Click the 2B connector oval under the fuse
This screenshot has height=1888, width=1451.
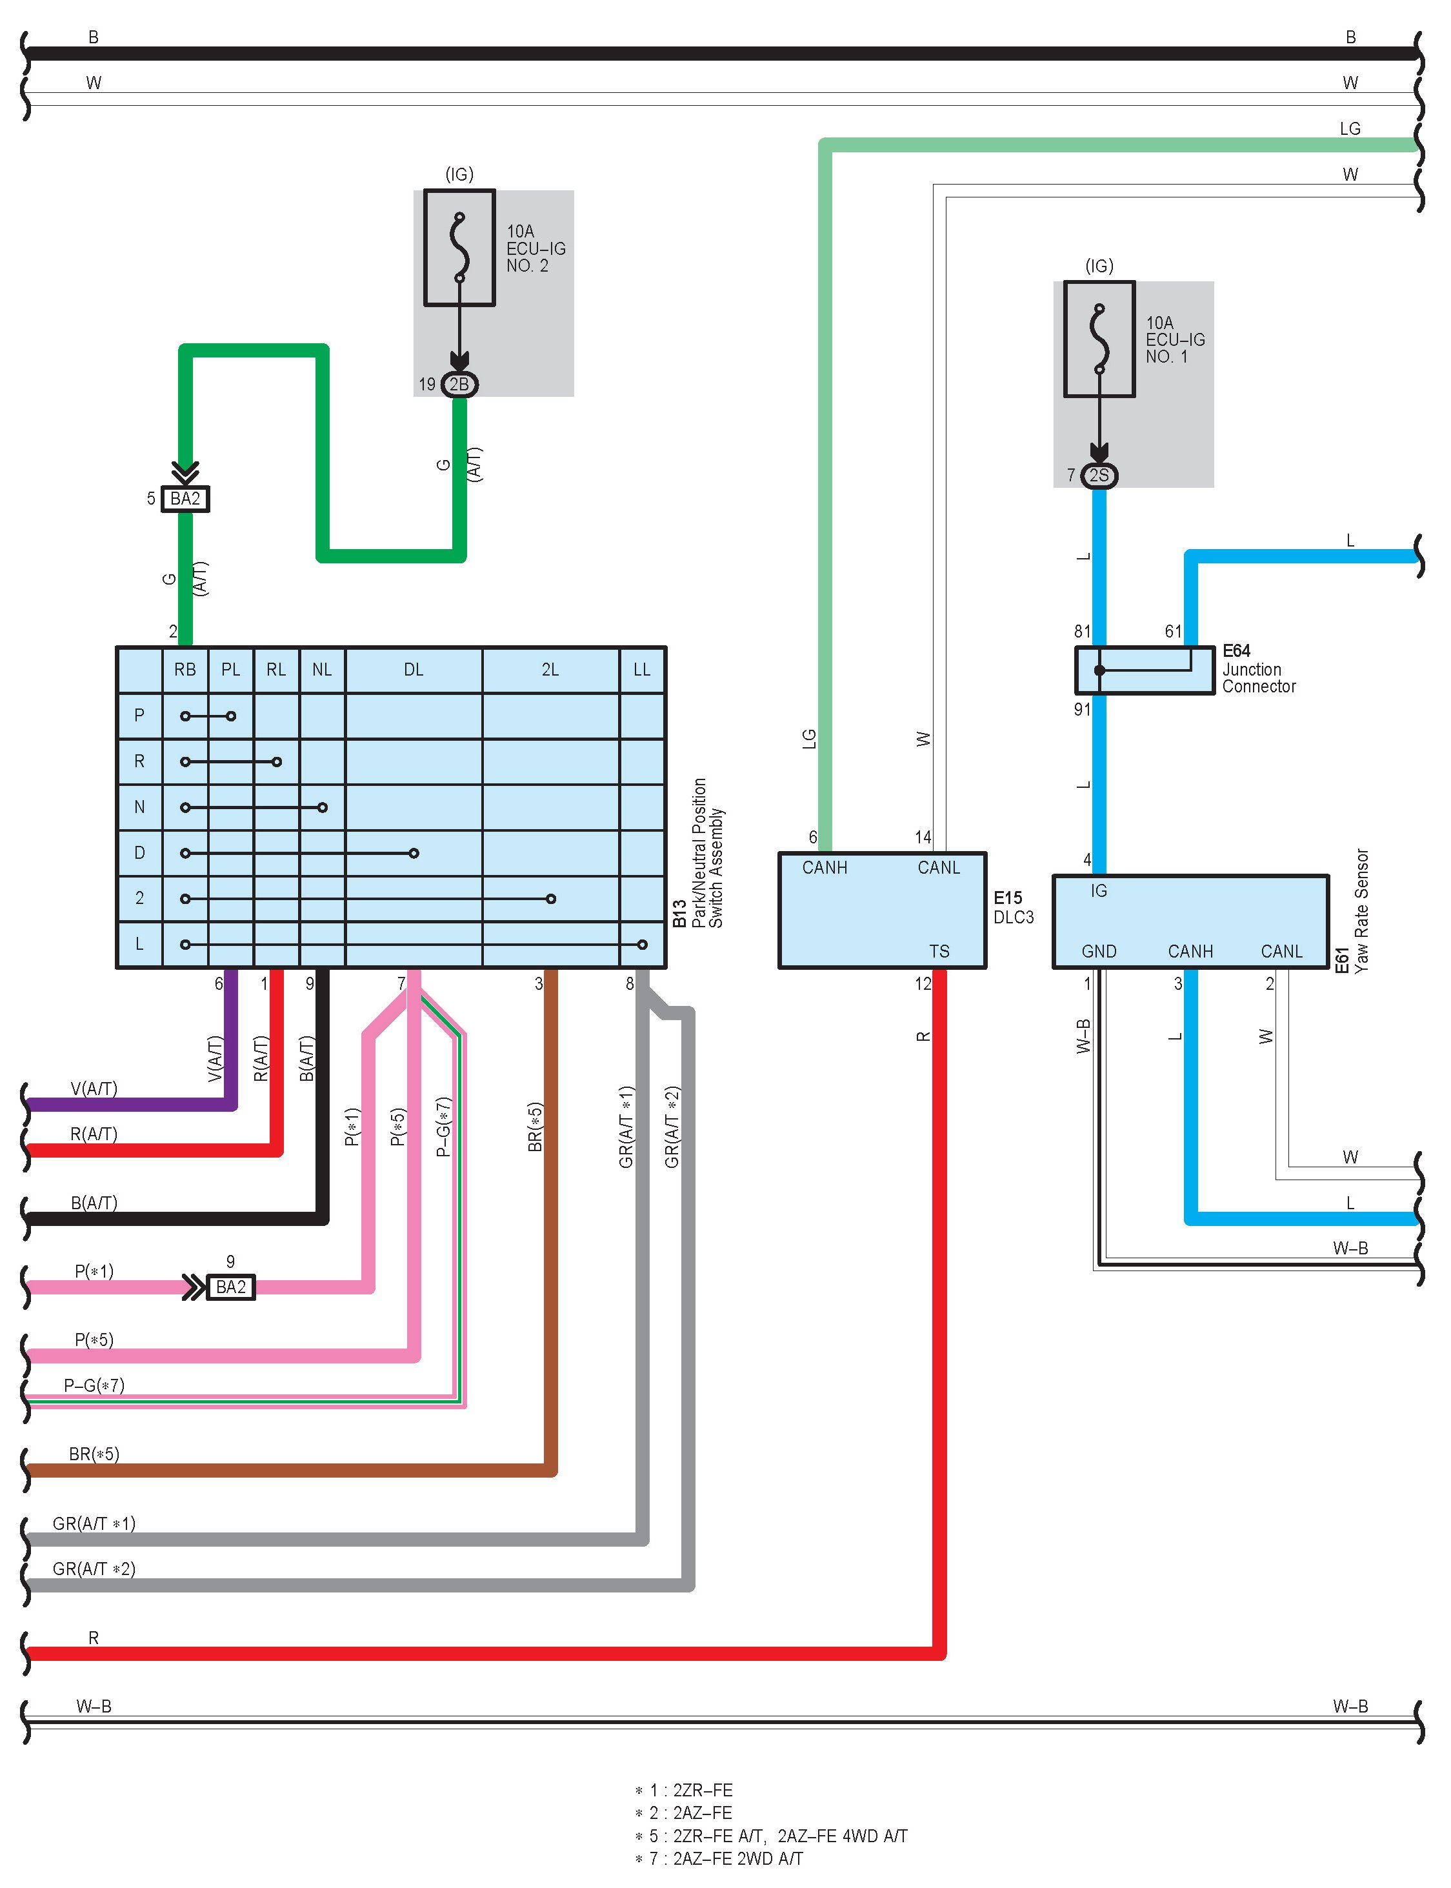point(459,385)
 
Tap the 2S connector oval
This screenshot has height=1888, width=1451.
point(1099,475)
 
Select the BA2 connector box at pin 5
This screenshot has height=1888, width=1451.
point(185,498)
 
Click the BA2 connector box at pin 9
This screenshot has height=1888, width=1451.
point(230,1287)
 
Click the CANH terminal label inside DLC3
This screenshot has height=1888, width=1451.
point(824,867)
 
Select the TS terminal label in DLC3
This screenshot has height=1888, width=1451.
point(939,951)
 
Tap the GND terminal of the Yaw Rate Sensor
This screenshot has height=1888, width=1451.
point(1099,951)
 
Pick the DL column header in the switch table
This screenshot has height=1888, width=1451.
point(414,669)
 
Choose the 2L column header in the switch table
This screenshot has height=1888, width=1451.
point(550,669)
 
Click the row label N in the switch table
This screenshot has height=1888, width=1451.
point(139,807)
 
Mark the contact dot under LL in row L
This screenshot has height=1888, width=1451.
point(642,944)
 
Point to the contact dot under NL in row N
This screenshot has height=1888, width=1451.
point(322,808)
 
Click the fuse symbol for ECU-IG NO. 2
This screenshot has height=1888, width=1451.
point(459,248)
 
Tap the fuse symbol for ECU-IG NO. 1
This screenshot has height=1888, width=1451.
point(1099,339)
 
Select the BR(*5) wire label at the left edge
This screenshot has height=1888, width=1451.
point(94,1454)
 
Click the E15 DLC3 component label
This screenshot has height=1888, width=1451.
point(1012,907)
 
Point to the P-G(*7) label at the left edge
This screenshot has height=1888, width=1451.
point(94,1385)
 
